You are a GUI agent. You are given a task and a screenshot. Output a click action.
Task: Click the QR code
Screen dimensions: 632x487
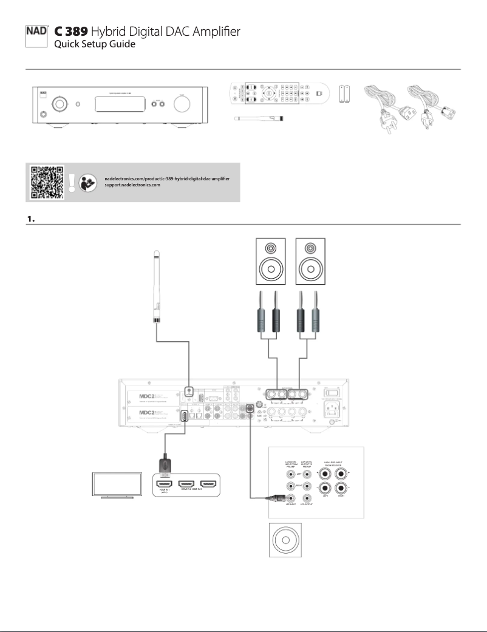[x=46, y=181]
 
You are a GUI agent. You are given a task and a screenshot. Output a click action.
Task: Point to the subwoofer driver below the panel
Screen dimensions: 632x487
[x=285, y=538]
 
